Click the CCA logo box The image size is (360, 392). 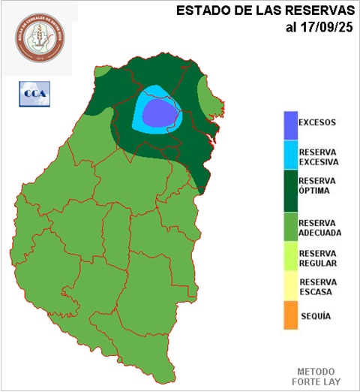coord(32,92)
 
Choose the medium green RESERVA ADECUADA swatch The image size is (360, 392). coord(290,227)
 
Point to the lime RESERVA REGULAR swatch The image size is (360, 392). coord(290,258)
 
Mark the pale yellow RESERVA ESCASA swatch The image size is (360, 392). coord(290,287)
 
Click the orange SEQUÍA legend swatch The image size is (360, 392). coord(290,315)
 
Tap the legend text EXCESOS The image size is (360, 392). coord(317,122)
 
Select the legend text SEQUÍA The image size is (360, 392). coord(315,317)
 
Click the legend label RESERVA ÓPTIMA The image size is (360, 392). coord(317,185)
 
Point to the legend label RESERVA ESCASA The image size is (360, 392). coord(319,287)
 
